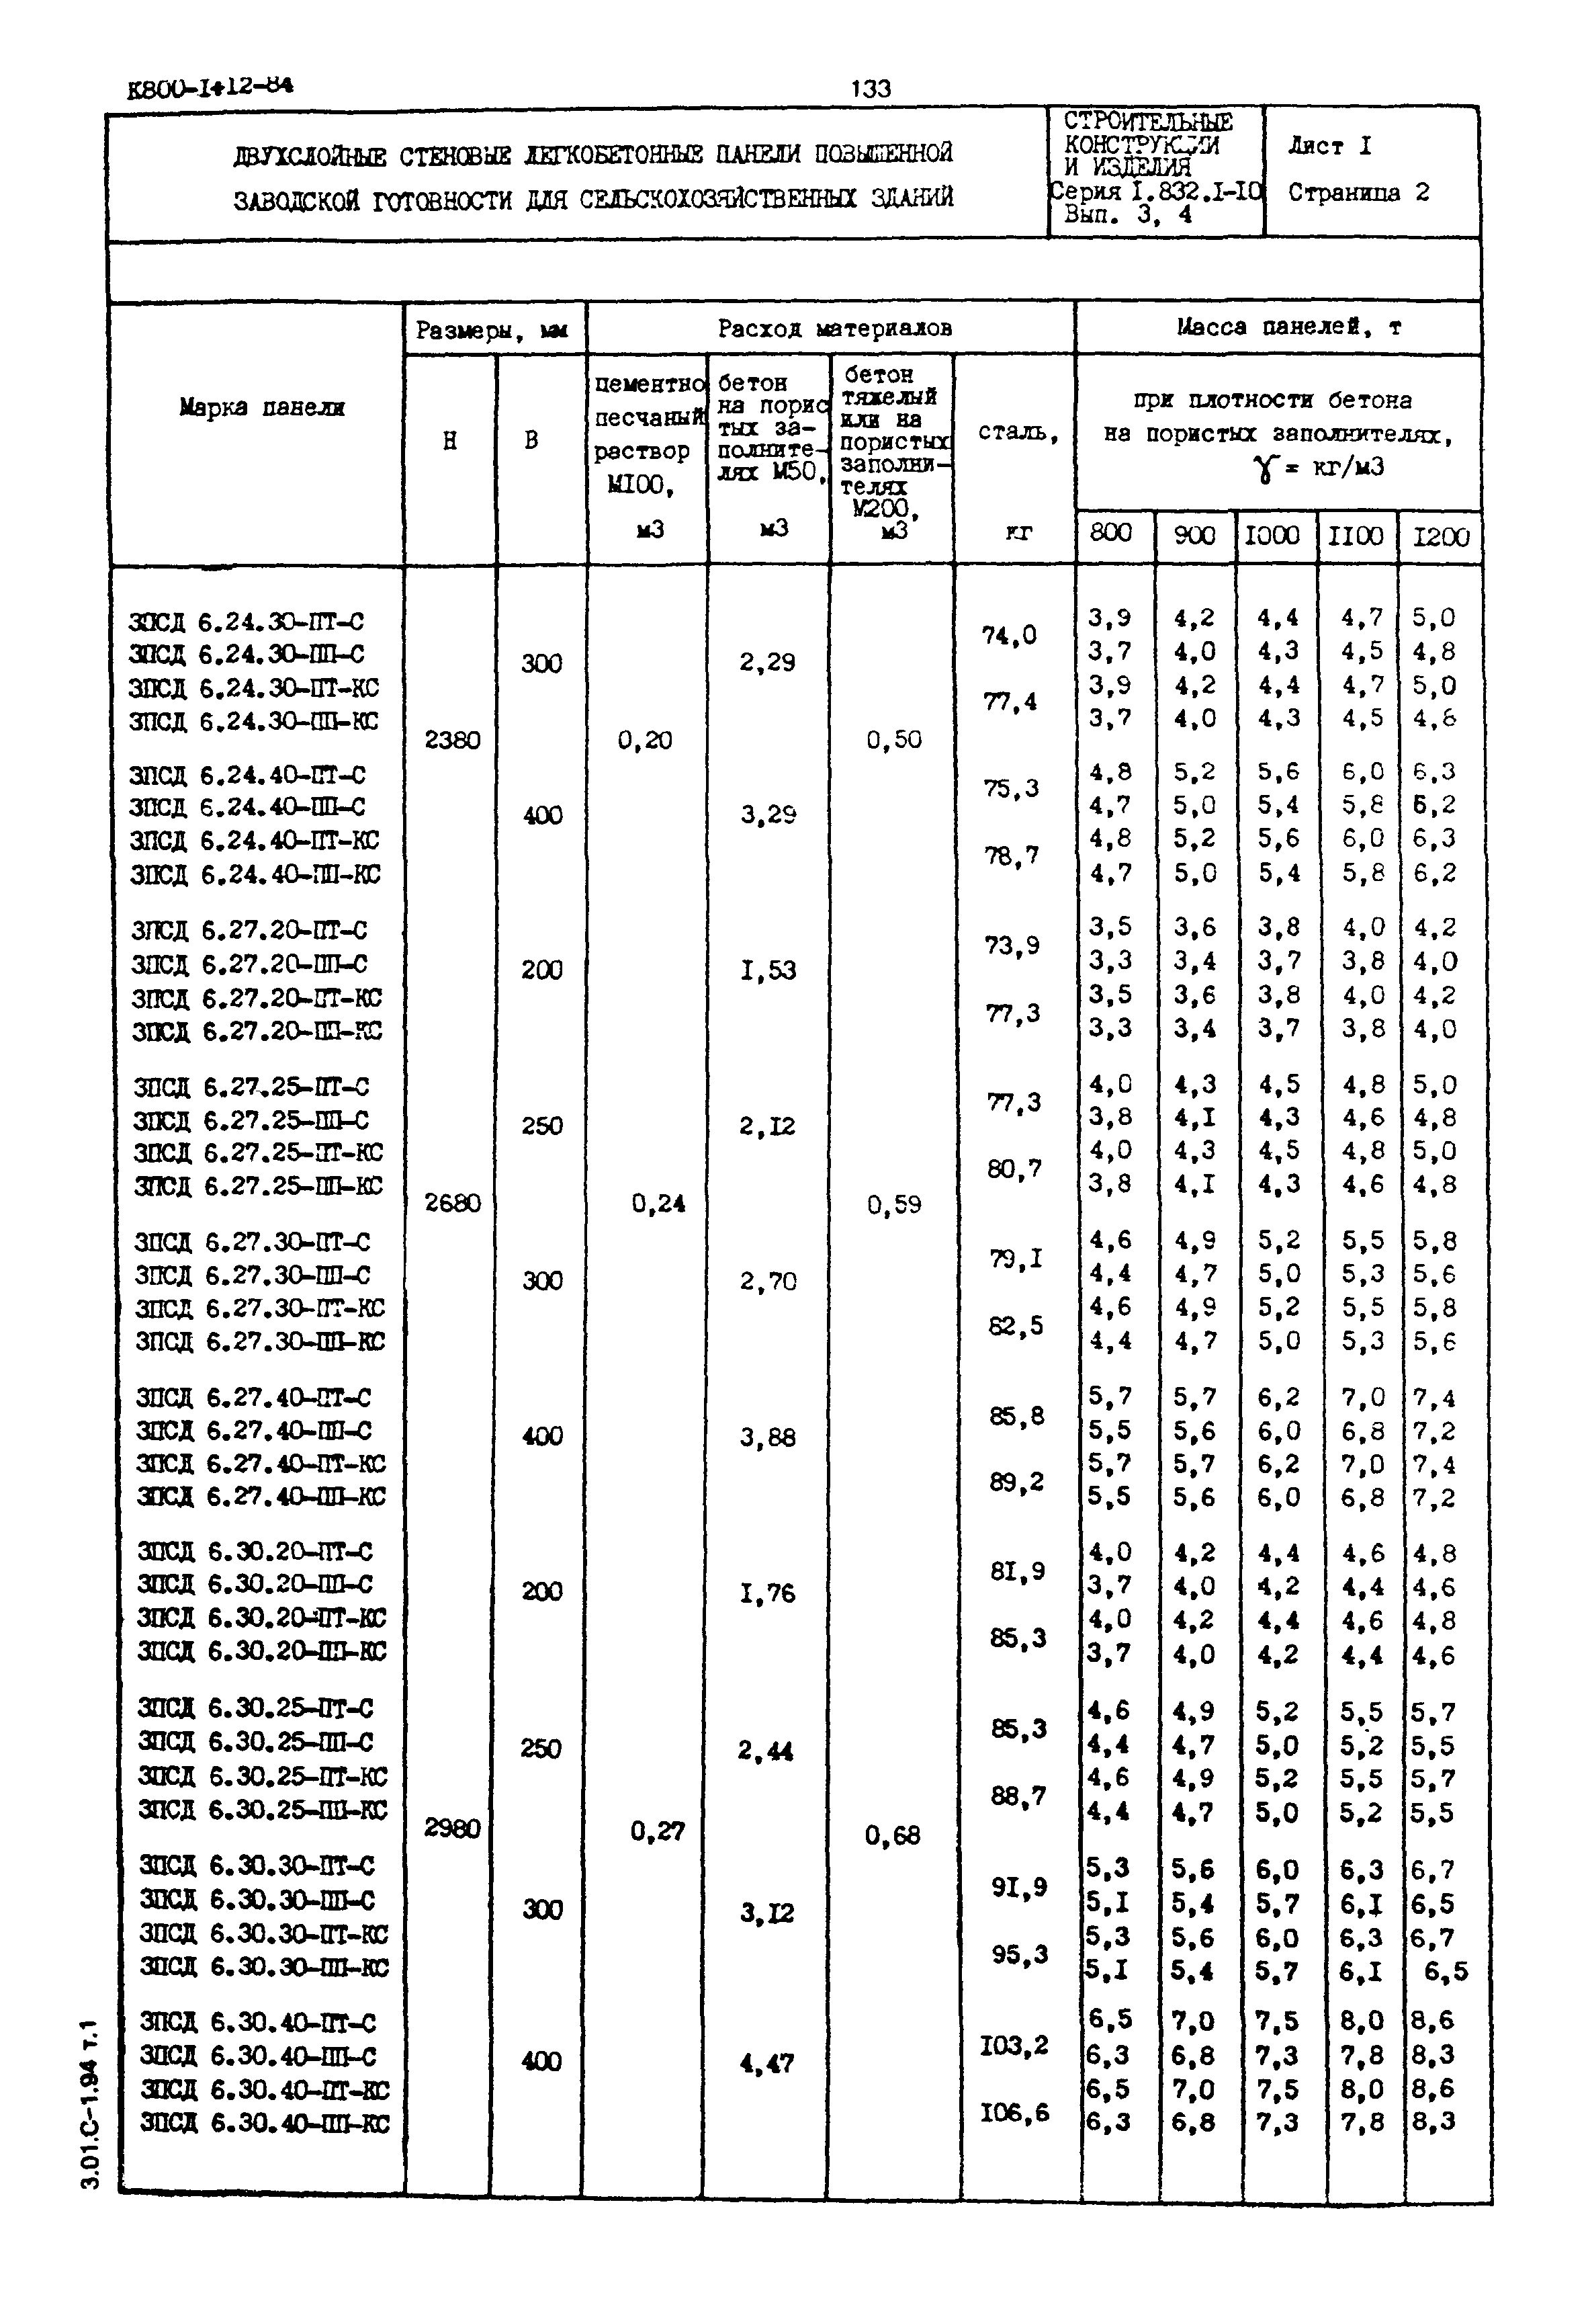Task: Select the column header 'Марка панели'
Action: click(x=262, y=407)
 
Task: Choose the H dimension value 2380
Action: click(x=453, y=739)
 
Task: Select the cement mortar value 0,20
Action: click(x=645, y=739)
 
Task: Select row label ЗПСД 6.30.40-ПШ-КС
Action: click(x=265, y=2123)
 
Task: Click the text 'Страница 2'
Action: click(x=1358, y=193)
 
